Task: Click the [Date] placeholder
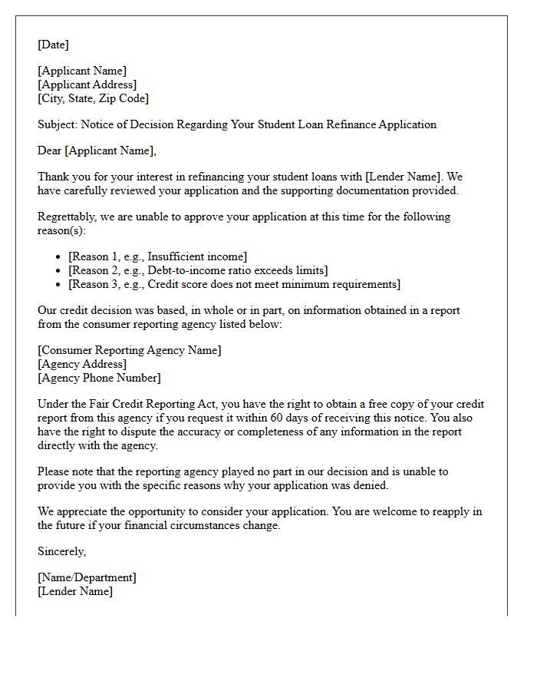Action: point(53,45)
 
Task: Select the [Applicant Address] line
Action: point(87,85)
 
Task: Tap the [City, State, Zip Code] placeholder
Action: point(93,98)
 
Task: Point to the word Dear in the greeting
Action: point(50,150)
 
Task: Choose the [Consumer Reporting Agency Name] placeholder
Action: point(129,350)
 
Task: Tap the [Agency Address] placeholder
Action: point(82,364)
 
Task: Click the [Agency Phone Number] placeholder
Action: point(99,378)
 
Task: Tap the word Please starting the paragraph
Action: point(54,471)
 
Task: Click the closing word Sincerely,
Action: point(61,551)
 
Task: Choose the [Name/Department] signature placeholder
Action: point(87,577)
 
